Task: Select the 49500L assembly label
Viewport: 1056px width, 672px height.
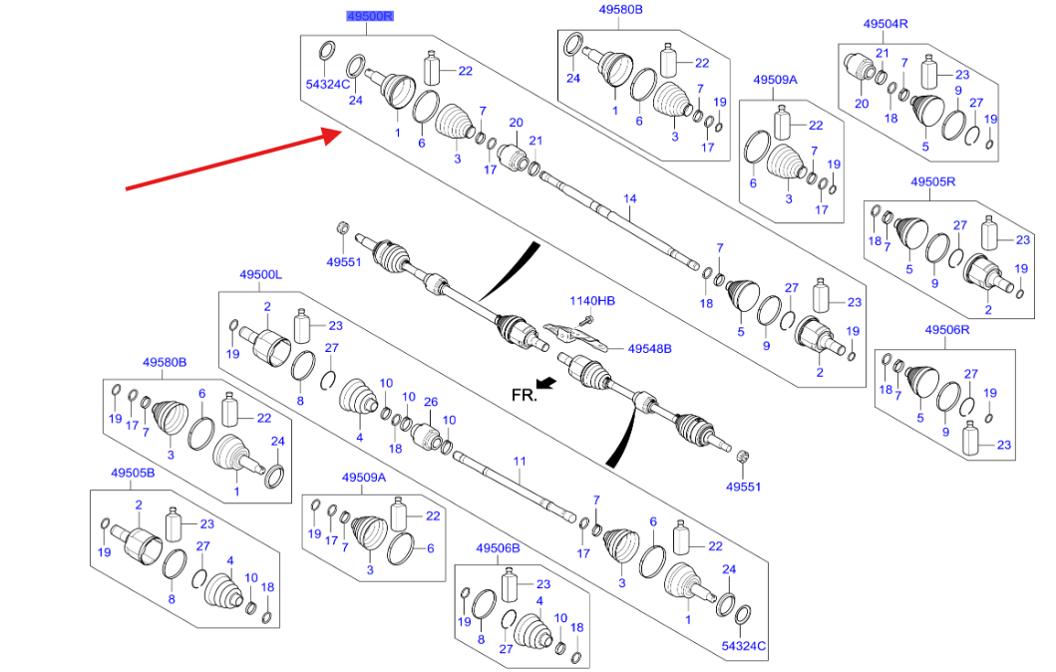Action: click(261, 274)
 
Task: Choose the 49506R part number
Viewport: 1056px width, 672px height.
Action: click(946, 329)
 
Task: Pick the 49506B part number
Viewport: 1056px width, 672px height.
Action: click(498, 548)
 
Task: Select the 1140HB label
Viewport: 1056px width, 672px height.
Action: click(592, 300)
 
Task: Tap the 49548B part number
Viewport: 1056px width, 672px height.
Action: click(649, 349)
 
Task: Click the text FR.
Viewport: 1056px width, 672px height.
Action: click(524, 394)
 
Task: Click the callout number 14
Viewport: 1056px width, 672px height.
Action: click(629, 198)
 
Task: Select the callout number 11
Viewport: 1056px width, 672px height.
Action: click(518, 461)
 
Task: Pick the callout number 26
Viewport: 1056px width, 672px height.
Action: click(431, 403)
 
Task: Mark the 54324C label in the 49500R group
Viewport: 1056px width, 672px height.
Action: click(327, 85)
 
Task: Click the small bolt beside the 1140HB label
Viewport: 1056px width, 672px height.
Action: click(588, 320)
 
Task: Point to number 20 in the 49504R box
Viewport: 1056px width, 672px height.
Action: click(860, 104)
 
